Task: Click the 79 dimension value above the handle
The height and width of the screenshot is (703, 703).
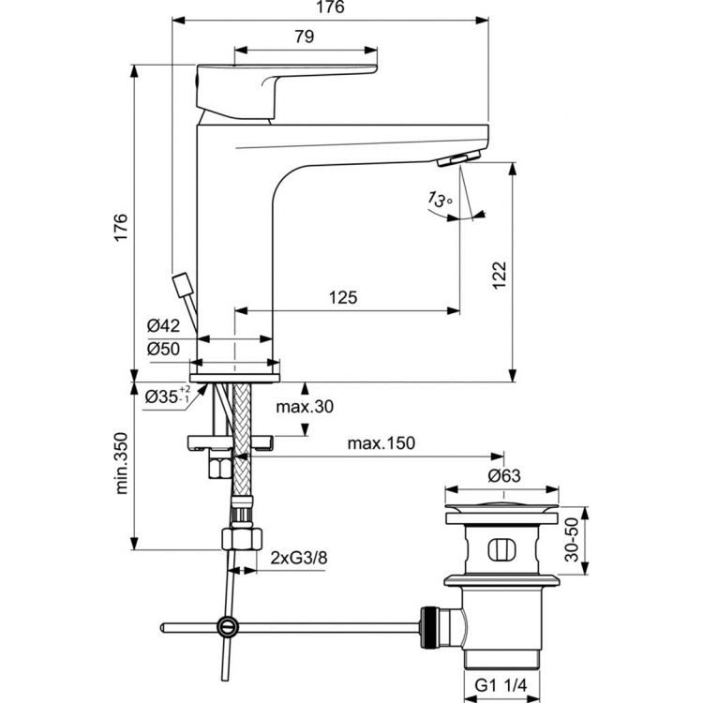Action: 303,37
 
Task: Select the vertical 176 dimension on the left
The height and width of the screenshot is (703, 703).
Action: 120,227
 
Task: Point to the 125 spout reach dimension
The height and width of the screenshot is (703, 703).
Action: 343,298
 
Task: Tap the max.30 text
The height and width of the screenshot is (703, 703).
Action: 305,407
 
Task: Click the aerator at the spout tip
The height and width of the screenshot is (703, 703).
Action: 460,158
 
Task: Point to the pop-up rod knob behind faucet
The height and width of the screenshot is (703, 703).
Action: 182,282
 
